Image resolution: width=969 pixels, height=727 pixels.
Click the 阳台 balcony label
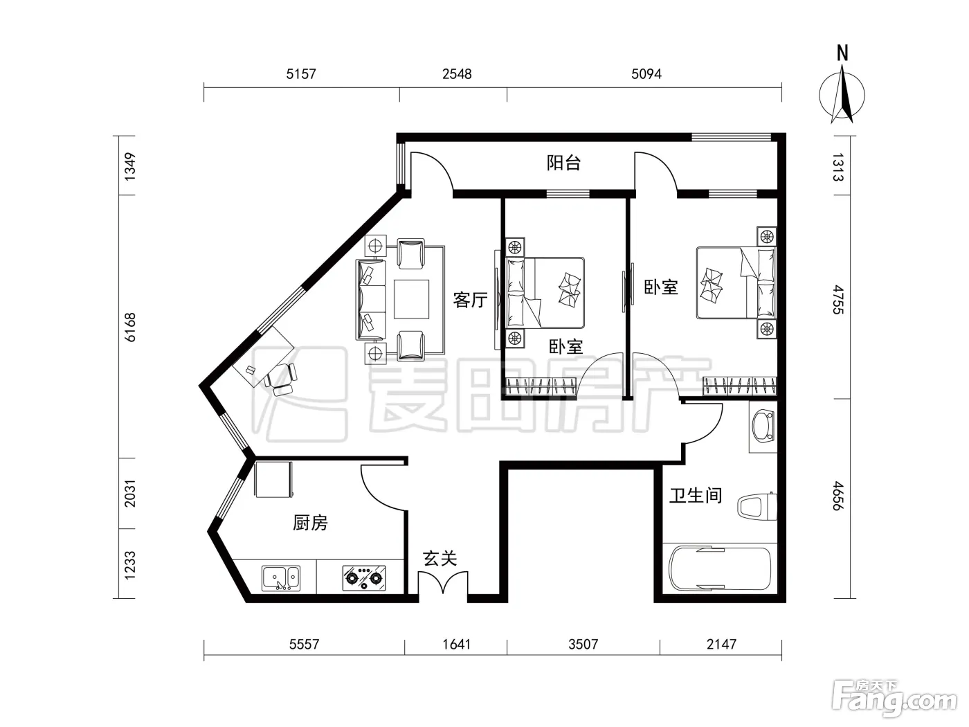pos(563,163)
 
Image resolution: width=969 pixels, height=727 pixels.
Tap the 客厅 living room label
pos(470,300)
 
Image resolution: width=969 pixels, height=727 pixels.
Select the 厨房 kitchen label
pos(310,523)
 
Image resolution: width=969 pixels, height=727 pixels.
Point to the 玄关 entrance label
pos(440,558)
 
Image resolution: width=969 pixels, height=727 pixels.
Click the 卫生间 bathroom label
pos(696,495)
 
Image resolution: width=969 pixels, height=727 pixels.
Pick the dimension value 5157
pos(301,73)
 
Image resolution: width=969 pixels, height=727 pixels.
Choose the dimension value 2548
pos(457,73)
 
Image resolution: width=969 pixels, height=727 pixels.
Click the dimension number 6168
pos(130,327)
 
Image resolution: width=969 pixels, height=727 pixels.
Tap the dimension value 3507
pos(583,644)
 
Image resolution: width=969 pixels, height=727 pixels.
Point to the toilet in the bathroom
pos(757,507)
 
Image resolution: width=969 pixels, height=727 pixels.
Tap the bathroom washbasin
pos(763,427)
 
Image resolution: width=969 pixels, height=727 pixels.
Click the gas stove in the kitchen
pos(364,578)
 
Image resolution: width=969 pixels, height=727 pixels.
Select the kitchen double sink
pos(281,578)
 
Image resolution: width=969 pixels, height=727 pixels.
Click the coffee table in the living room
pos(411,299)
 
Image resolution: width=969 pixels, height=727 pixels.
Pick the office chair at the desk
pos(282,379)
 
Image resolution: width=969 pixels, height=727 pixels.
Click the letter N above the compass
pos(842,53)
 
